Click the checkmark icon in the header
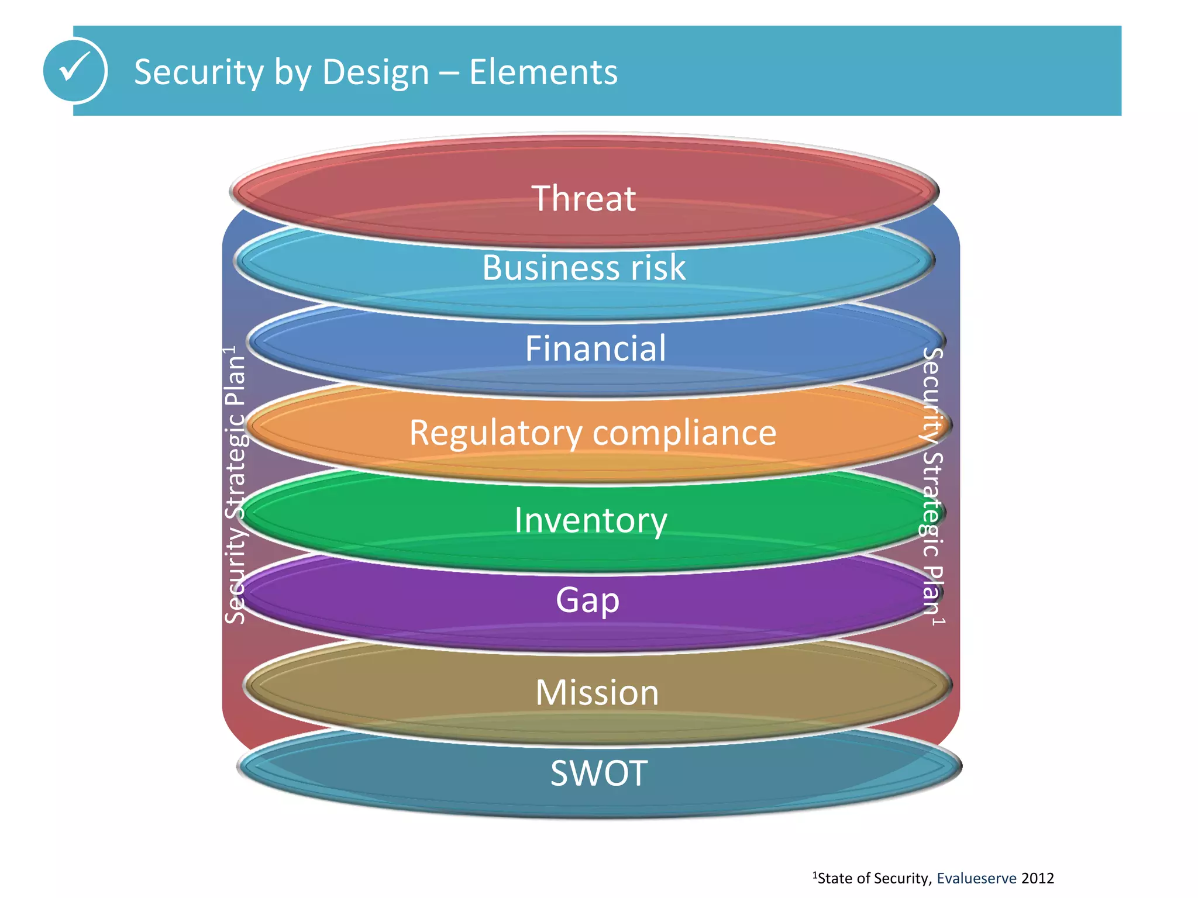pos(75,70)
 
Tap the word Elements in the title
pos(543,72)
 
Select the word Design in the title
pos(376,72)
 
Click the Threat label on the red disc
pos(583,199)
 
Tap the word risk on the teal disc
pos(657,268)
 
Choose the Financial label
pos(595,348)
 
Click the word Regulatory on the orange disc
pos(495,434)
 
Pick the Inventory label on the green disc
pos(590,520)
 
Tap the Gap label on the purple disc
pos(587,600)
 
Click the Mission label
pos(597,693)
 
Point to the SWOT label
pos(598,773)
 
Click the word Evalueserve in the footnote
pos(976,879)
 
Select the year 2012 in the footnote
pos(1037,879)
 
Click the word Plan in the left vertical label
pos(235,381)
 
